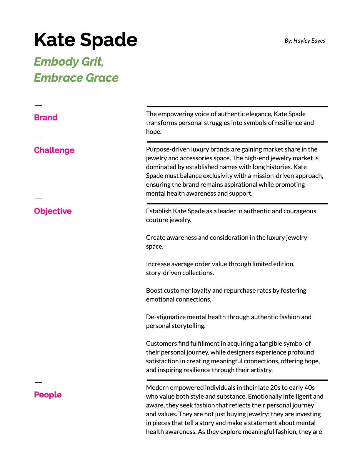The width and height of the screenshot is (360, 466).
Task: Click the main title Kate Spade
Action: [x=86, y=40]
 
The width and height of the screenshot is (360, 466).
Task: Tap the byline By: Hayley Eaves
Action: [x=305, y=41]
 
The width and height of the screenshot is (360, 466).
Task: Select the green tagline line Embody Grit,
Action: [x=69, y=62]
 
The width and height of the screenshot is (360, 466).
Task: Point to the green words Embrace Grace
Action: [x=76, y=78]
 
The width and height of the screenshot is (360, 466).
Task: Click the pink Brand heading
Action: [x=46, y=117]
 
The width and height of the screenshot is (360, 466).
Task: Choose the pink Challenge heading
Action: [x=54, y=150]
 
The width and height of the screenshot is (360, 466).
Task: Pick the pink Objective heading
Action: [x=53, y=211]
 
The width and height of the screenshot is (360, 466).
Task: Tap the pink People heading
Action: [x=48, y=395]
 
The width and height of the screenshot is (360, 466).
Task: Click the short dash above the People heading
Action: [x=38, y=382]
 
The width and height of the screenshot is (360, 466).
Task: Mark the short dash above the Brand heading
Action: [x=38, y=105]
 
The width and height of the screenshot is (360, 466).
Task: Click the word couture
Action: [x=156, y=220]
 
